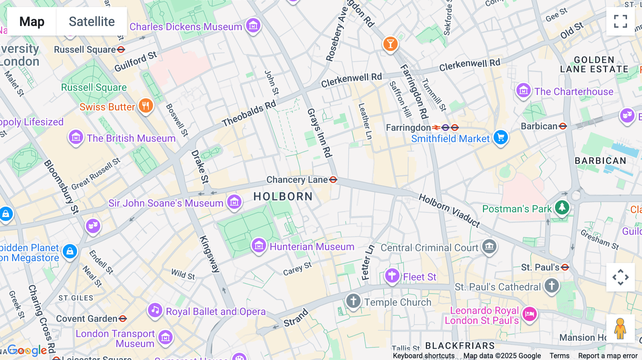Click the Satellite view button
coord(92,21)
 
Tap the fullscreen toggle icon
coord(620,21)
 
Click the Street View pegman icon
coord(620,329)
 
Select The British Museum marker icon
coord(76,137)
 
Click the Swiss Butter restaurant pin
coord(146,106)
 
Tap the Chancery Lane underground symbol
coord(333,180)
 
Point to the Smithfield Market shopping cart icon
coord(500,137)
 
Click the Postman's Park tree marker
coord(562,207)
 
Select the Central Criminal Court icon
coord(489,246)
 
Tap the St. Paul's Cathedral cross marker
coord(552,286)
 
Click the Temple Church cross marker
coord(353,301)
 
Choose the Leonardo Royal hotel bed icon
coord(530,314)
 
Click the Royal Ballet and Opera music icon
coord(155,310)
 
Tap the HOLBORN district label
coord(283,196)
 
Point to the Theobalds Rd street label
coord(249,113)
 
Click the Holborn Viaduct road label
coord(449,210)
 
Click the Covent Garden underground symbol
coord(123,318)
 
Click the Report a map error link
coord(607,356)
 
